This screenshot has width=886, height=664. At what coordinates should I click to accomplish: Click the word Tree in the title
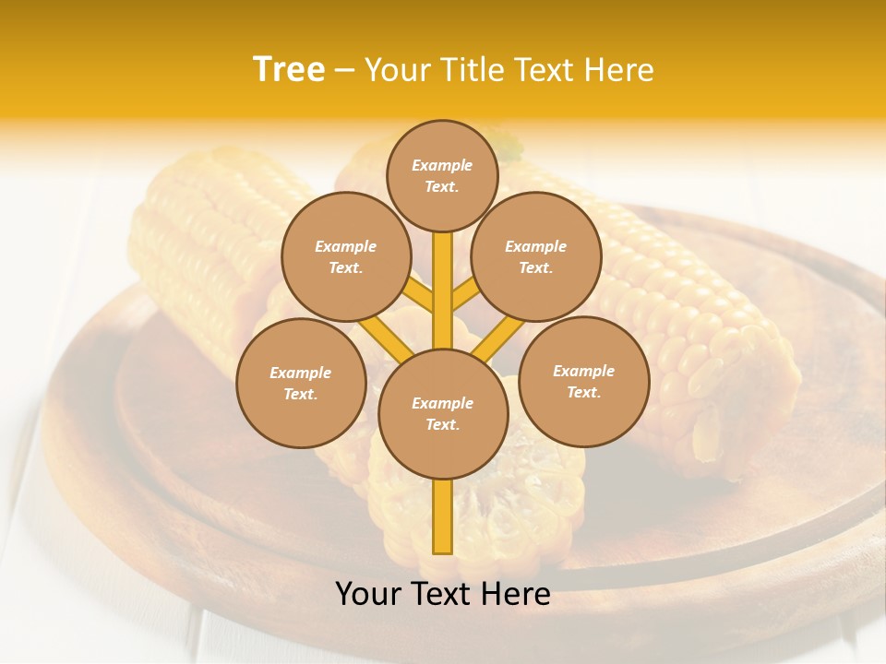coord(289,70)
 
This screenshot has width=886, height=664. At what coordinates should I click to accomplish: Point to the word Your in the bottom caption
coord(368,594)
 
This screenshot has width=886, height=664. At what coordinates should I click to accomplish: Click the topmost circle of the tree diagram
coord(442,175)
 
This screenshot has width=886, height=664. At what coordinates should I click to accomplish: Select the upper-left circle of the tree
coord(345,256)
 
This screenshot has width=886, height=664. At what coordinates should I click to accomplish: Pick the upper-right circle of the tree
coord(536,256)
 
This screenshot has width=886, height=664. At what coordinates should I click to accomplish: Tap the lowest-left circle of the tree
coord(301,383)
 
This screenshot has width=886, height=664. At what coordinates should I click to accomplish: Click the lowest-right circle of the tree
coord(584,381)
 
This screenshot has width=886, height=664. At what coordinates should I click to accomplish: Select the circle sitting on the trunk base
coord(443,414)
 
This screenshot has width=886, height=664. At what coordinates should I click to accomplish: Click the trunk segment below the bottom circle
coord(443,516)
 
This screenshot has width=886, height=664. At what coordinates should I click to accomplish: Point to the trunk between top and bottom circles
coord(443,290)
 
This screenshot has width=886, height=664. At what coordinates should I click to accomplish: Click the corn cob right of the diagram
coord(711,350)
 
